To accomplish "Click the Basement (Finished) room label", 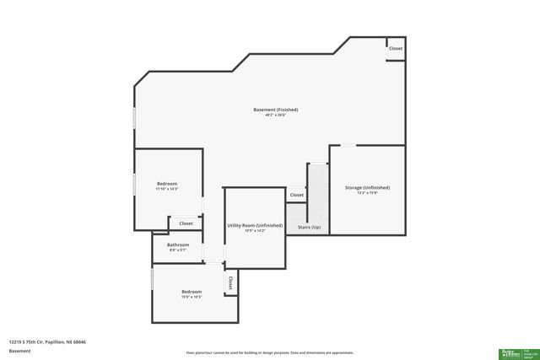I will click(x=275, y=110).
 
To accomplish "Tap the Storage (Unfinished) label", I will click(x=367, y=187).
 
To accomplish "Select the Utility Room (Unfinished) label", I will click(x=254, y=225).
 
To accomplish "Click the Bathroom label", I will click(x=178, y=244).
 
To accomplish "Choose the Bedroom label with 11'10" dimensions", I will click(x=167, y=183).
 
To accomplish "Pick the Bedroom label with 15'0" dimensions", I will click(x=192, y=292).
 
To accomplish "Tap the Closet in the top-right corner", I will click(x=396, y=48).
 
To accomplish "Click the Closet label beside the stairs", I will click(x=297, y=195).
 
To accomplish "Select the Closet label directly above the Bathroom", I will click(x=185, y=223).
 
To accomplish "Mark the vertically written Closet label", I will click(x=229, y=282).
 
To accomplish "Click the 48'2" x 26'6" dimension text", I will click(x=275, y=116).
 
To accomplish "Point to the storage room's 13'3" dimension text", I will click(x=367, y=193).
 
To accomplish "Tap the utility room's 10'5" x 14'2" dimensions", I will click(x=254, y=231).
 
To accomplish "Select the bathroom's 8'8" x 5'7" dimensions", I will click(x=178, y=250).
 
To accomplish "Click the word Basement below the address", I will click(x=20, y=351).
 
